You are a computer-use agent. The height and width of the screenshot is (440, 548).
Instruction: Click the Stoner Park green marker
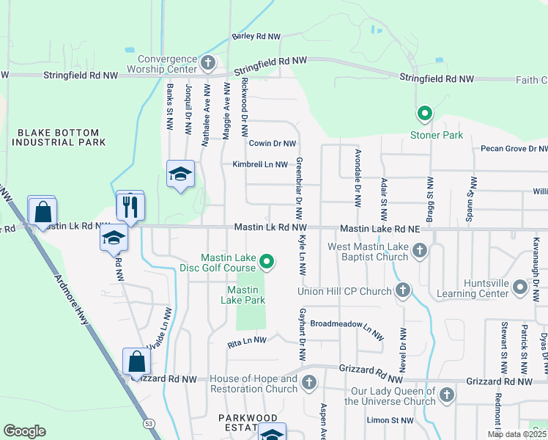[x=423, y=114]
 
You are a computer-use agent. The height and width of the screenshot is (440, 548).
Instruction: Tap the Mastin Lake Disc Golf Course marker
[x=267, y=261]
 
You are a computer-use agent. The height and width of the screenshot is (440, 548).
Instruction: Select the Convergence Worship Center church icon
[x=208, y=62]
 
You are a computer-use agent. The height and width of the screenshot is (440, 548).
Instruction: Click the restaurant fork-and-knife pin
[x=131, y=206]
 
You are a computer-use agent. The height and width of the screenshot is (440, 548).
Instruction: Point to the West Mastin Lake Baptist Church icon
[x=420, y=252]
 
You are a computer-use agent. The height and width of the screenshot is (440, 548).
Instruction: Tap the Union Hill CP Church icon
[x=402, y=291]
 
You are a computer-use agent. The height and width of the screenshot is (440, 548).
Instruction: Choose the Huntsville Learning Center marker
[x=520, y=289]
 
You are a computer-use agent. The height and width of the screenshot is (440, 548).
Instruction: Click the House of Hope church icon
[x=309, y=382]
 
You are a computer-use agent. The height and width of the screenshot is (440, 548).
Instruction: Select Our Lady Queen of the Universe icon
[x=446, y=395]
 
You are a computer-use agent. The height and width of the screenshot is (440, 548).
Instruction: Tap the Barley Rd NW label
[x=256, y=36]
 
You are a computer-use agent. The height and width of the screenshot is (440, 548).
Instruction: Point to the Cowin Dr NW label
[x=272, y=144]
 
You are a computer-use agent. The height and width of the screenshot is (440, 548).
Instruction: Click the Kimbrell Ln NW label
[x=260, y=165]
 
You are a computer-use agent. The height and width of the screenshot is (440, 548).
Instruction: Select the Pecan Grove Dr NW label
[x=514, y=149]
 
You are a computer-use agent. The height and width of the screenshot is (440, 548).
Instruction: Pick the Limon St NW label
[x=390, y=420]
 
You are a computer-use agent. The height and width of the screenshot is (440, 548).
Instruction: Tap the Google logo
[x=24, y=431]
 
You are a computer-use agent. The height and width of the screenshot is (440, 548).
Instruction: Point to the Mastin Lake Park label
[x=245, y=294]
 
